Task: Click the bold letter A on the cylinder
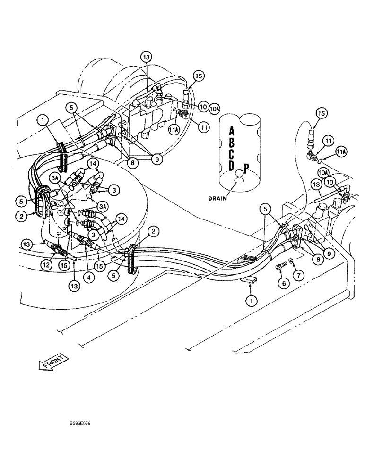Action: coord(232,130)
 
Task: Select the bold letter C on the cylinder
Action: coord(232,154)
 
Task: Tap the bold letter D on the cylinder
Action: coord(232,166)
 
